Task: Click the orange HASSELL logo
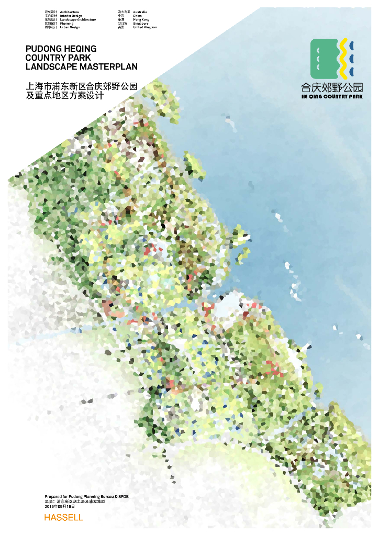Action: point(63,517)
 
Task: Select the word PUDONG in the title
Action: point(43,49)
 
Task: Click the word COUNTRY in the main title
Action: point(47,58)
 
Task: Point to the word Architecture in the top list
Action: point(70,12)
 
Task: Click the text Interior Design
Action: point(71,16)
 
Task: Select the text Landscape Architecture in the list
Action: point(78,19)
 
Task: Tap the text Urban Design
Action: point(70,27)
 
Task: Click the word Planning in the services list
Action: point(67,24)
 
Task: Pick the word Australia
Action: point(140,12)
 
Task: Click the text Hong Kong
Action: point(141,19)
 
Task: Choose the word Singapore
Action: point(141,24)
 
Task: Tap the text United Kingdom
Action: point(145,27)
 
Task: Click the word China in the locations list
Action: point(138,16)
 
